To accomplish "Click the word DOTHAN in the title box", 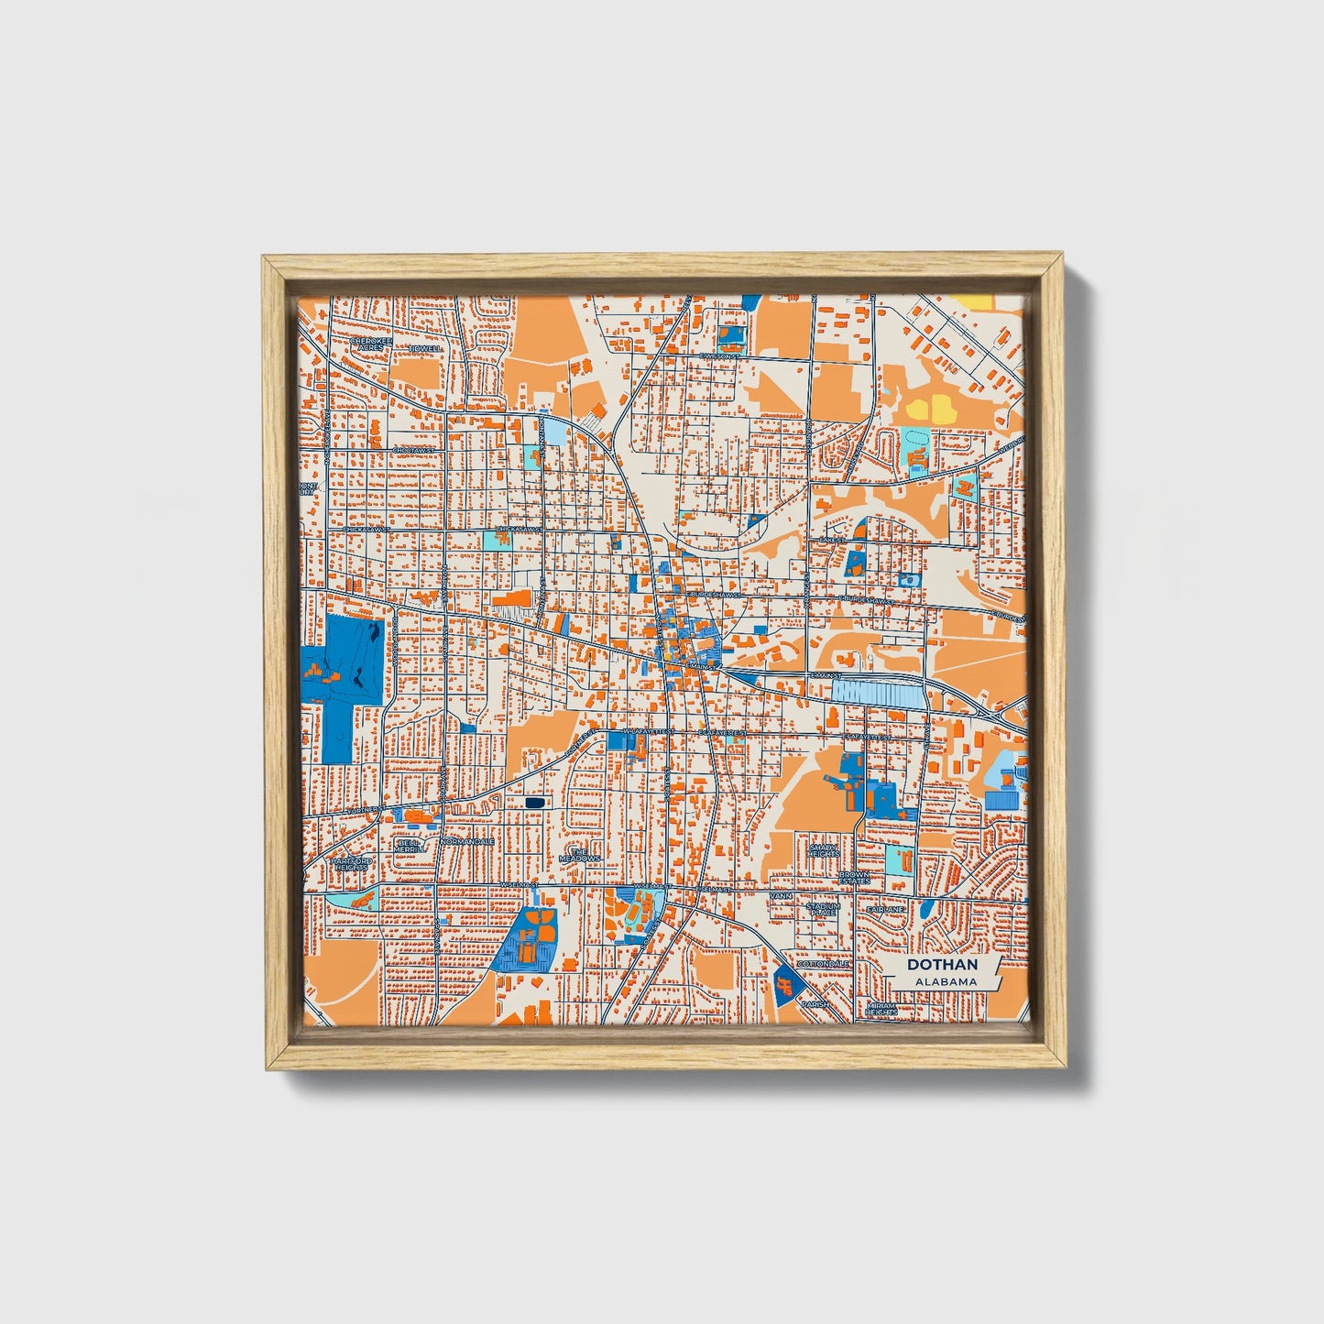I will pos(942,965).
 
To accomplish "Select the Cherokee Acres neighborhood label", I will pos(370,345).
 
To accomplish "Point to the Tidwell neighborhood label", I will pos(425,349).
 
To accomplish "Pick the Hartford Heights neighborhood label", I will pos(351,864).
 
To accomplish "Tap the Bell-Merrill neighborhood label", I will pos(410,845).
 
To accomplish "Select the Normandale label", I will pos(468,841).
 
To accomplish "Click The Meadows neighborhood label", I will pos(579,854).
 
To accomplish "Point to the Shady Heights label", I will pos(824,850).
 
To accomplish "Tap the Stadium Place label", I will pos(822,909).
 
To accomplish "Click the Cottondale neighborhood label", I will pos(823,965).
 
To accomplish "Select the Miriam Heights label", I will pos(881,1008).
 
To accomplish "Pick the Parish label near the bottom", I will pos(815,1004).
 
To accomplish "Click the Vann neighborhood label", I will pos(781,895).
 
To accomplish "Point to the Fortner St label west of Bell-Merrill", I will pos(367,812).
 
